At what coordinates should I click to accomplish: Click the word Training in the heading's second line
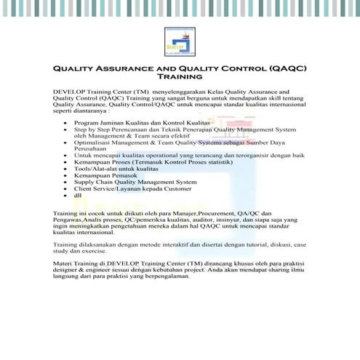179,76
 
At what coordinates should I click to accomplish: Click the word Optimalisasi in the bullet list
93,142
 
